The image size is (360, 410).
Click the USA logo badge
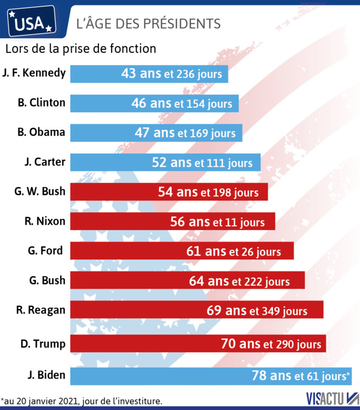coord(32,21)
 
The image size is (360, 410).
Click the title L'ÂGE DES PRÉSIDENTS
coord(148,23)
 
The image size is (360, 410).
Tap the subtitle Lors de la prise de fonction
coord(81,49)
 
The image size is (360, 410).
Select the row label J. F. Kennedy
coord(34,73)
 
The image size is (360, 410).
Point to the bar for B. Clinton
coord(154,103)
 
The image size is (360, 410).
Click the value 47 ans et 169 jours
coord(185,133)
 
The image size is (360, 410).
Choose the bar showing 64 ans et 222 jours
coord(187,280)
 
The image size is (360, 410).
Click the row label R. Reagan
coord(41,310)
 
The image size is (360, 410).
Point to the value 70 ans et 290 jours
coord(271,344)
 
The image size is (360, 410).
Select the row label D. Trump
coord(43,344)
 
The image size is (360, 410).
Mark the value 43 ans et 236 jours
coord(171,74)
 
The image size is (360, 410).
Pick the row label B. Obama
coord(42,132)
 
